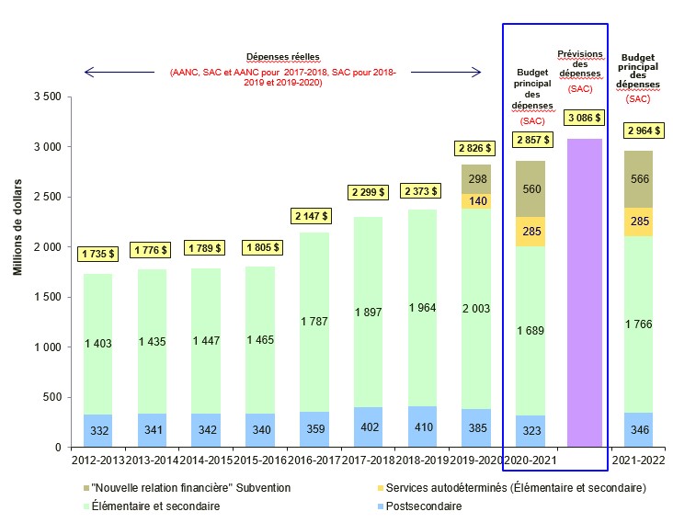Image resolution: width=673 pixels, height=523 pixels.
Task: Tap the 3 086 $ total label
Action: click(585, 118)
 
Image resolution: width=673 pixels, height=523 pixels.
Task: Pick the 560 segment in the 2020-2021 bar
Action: click(531, 188)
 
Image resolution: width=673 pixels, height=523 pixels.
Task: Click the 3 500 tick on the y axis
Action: click(46, 97)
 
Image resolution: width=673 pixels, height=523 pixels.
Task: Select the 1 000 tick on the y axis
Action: click(46, 347)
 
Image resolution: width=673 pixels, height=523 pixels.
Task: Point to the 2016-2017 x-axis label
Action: click(314, 460)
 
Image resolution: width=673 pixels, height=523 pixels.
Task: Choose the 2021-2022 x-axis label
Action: click(639, 460)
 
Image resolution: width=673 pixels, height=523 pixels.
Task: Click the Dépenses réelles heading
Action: click(282, 56)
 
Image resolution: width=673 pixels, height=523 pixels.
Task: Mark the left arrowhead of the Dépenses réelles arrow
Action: click(87, 72)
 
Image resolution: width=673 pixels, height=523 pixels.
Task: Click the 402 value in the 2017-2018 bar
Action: click(368, 426)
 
